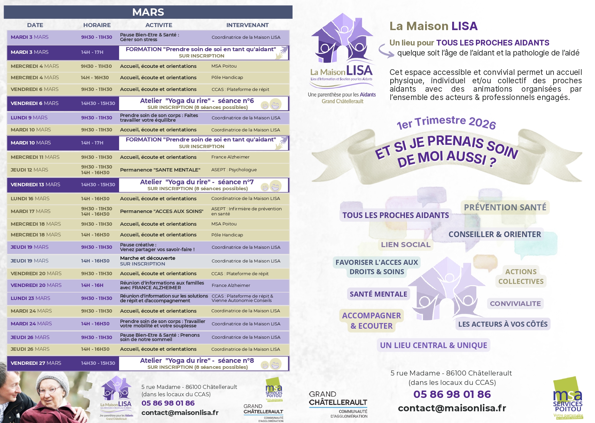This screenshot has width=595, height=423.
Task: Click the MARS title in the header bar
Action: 148,12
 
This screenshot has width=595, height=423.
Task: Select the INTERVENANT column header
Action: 247,25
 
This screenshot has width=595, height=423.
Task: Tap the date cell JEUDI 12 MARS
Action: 29,170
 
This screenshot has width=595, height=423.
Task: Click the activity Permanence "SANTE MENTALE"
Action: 160,170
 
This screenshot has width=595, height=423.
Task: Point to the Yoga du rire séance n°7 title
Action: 197,182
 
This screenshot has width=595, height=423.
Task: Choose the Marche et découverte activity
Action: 147,258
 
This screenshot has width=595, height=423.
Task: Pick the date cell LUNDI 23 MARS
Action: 30,298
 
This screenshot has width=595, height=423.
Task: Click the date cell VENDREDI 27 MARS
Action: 36,363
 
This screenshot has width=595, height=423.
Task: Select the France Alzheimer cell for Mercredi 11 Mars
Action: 230,157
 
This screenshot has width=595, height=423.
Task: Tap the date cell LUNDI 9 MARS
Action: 29,118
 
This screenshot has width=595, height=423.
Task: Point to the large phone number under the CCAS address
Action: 452,394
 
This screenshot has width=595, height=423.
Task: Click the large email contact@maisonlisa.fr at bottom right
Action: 452,408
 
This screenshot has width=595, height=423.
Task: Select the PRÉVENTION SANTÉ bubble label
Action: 505,207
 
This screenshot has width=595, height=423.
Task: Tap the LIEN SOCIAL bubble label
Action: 406,245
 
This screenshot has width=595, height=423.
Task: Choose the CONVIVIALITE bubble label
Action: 515,304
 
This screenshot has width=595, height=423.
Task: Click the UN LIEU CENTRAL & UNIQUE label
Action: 433,345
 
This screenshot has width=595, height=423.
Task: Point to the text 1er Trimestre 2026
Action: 446,122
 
